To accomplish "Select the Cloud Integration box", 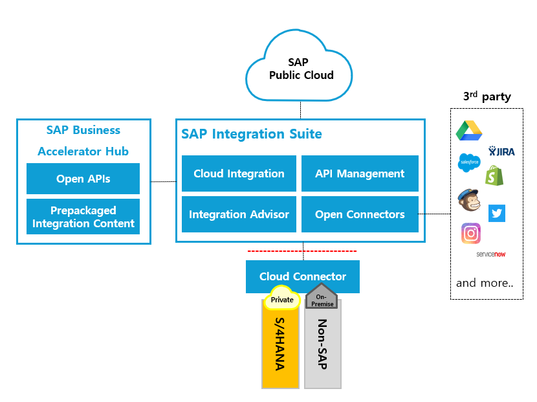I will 239,173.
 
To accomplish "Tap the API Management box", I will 360,173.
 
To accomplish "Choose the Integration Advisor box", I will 239,214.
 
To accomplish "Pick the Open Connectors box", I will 360,214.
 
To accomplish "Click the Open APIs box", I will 83,179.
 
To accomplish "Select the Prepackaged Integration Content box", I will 83,217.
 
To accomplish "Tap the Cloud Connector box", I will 302,276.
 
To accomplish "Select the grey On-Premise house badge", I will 322,295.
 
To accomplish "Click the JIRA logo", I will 501,151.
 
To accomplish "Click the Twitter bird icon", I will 497,213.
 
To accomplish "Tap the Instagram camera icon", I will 471,233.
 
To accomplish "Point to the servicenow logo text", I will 490,254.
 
